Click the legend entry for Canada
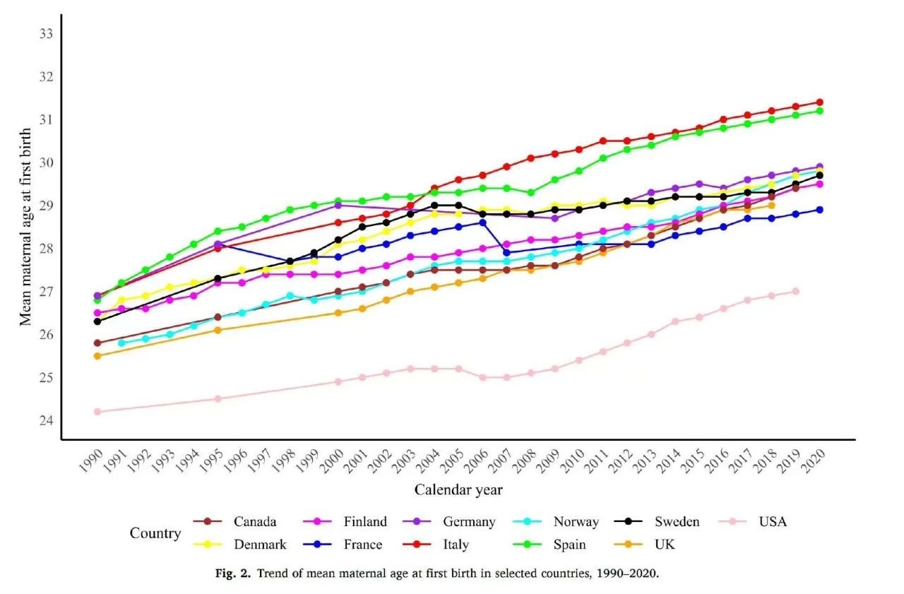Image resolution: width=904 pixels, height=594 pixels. point(254,522)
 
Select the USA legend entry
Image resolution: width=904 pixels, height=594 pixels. point(773,522)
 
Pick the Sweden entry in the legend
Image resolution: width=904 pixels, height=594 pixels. point(676,522)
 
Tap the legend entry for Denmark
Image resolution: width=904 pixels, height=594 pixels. point(260,545)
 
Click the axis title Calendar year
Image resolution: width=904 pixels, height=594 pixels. point(458,489)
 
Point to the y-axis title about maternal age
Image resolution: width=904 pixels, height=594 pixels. point(25,227)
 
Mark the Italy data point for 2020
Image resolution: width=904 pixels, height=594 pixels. point(819,102)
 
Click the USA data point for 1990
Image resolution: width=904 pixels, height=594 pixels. point(97,412)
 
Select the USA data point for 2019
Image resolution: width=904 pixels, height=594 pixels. point(795,291)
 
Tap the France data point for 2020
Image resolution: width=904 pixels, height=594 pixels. point(819,210)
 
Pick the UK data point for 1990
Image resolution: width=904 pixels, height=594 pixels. point(97,356)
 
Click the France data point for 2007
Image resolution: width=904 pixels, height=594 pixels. point(506,252)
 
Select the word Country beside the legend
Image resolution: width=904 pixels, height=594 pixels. point(155,533)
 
